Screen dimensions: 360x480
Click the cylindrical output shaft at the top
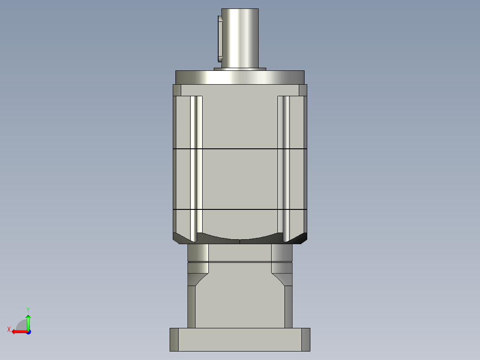[x=240, y=38]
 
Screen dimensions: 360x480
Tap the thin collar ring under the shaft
[x=240, y=69]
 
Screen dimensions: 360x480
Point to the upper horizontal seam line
[x=240, y=148]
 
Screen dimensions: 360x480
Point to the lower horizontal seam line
[x=240, y=209]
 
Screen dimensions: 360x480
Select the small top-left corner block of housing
[x=177, y=90]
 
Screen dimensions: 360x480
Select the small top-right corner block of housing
[x=303, y=90]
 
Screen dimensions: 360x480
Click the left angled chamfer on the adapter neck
[x=199, y=279]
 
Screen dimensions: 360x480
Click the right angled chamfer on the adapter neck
[x=281, y=279]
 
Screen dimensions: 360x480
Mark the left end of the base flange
[x=174, y=340]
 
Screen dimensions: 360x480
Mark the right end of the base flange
[x=305, y=340]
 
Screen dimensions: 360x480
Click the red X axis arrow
[x=18, y=331]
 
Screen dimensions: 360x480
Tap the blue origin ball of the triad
[x=28, y=331]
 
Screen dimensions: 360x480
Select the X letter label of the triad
[x=9, y=330]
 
